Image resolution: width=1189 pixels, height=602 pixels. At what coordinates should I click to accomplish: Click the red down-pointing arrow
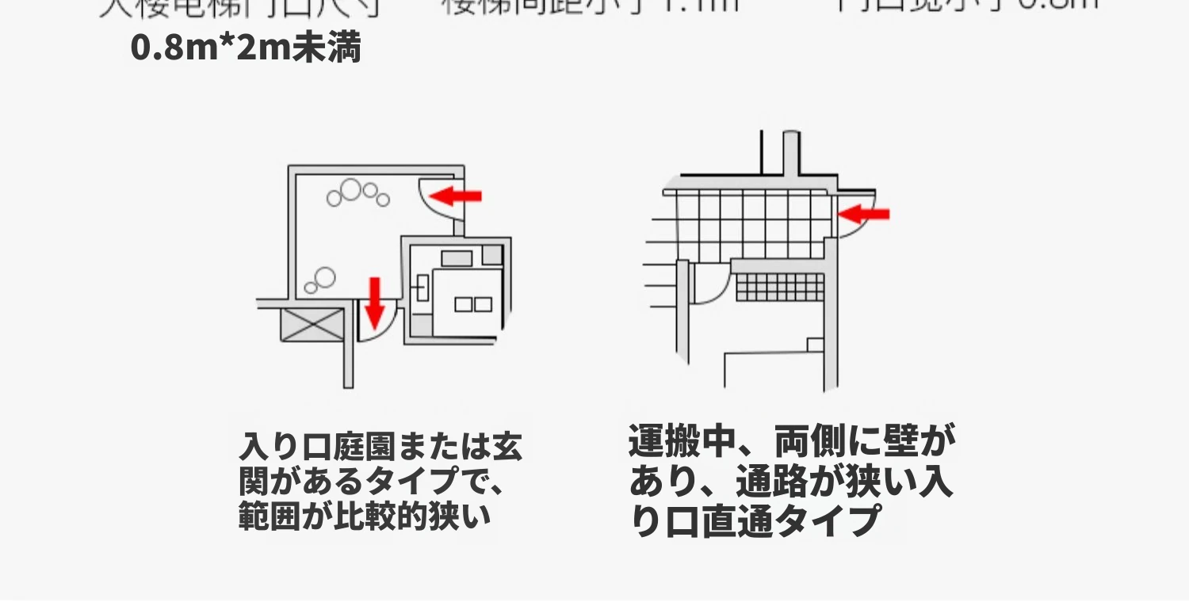coord(374,302)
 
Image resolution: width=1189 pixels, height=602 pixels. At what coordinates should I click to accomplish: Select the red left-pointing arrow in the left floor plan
coord(457,195)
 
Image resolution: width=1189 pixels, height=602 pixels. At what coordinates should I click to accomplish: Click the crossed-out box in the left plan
coord(313,325)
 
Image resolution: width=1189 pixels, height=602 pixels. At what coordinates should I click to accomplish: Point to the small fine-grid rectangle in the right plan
coord(781,287)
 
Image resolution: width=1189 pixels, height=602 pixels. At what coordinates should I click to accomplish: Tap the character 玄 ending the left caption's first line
coord(507,448)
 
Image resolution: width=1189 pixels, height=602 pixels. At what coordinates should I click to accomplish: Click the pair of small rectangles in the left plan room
coord(472,304)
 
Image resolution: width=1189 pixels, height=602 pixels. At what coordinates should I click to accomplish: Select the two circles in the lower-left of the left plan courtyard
coord(321,280)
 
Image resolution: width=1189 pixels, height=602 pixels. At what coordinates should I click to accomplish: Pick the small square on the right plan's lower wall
coord(815,345)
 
